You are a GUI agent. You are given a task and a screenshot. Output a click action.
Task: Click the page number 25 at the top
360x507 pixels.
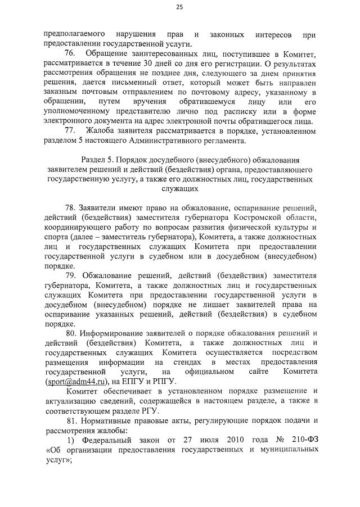point(179,7)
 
